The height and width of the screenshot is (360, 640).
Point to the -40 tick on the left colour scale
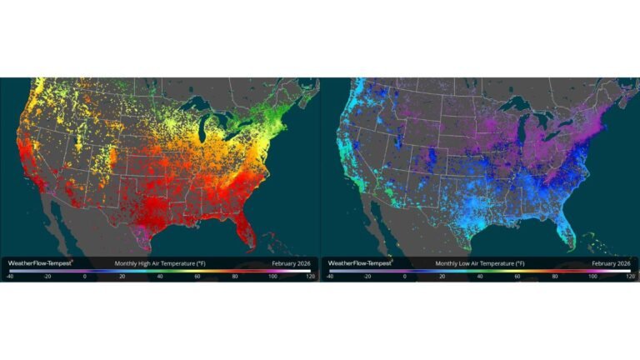click(x=10, y=275)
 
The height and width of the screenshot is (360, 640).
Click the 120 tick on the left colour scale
click(x=310, y=275)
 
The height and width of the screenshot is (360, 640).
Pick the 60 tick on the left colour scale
click(x=197, y=275)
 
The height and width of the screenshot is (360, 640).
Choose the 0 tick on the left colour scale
click(x=85, y=275)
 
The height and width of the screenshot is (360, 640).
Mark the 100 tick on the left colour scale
click(x=272, y=275)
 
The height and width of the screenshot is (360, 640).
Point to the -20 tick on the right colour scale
click(x=367, y=275)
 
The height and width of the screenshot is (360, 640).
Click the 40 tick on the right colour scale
click(x=480, y=275)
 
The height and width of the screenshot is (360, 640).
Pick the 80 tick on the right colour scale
click(x=555, y=275)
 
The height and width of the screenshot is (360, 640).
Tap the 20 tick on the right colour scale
click(x=442, y=275)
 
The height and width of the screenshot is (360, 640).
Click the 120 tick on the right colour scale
click(x=630, y=275)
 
